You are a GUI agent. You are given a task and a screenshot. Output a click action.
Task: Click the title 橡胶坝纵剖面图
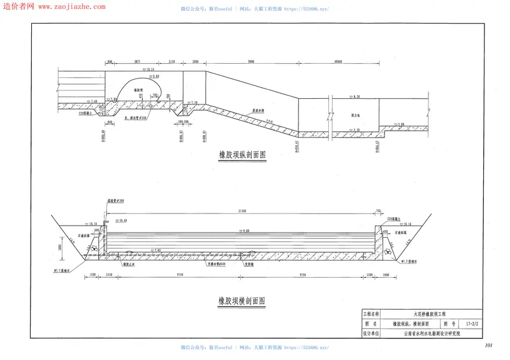(x=242, y=154)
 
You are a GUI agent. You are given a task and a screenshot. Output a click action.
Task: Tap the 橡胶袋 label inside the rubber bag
(x=137, y=91)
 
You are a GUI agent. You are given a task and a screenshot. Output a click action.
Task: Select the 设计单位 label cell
(x=371, y=333)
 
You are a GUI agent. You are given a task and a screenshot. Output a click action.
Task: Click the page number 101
(x=489, y=345)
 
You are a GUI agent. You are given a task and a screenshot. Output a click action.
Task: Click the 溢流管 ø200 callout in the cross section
(x=115, y=201)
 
